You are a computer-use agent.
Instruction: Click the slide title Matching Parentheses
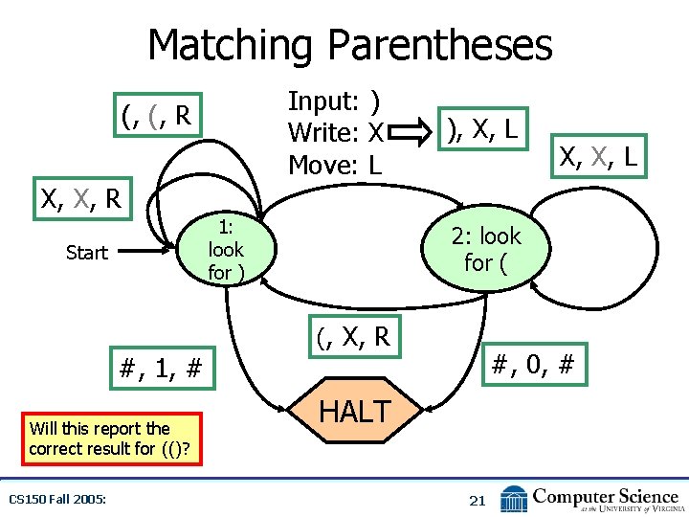point(349,45)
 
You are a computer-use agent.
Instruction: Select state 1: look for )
point(226,250)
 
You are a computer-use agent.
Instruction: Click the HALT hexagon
point(353,412)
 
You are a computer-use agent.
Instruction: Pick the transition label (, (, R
point(158,117)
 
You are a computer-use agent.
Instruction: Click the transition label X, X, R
point(79,199)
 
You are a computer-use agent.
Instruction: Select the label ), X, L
point(482,128)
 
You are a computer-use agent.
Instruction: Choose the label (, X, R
point(353,336)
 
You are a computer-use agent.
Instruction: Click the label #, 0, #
point(531,364)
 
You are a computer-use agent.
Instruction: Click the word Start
point(86,253)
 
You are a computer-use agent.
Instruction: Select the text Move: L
point(335,165)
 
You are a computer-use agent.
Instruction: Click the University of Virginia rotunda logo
point(515,499)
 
